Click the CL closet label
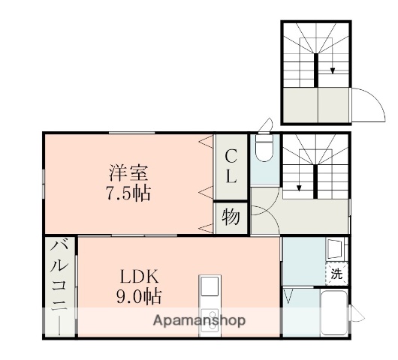(231, 167)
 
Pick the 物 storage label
(231, 218)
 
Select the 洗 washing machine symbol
(336, 274)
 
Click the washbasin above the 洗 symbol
(335, 248)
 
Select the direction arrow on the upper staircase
(333, 69)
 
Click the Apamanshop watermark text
(199, 321)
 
